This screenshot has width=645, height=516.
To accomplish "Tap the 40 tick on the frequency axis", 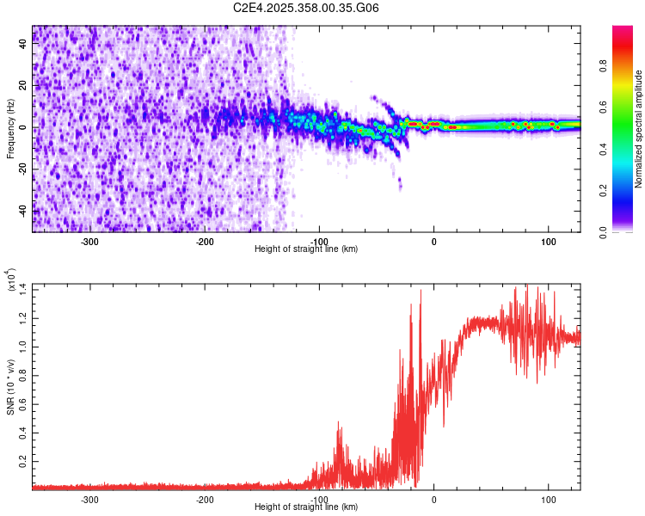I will [x=23, y=45].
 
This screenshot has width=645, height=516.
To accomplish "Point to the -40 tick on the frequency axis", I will [x=21, y=210].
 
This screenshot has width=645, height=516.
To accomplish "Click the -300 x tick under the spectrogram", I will [x=91, y=242].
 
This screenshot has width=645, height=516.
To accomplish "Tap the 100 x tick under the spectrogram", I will [x=548, y=242].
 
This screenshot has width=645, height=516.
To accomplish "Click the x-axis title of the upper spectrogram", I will [x=306, y=249].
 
